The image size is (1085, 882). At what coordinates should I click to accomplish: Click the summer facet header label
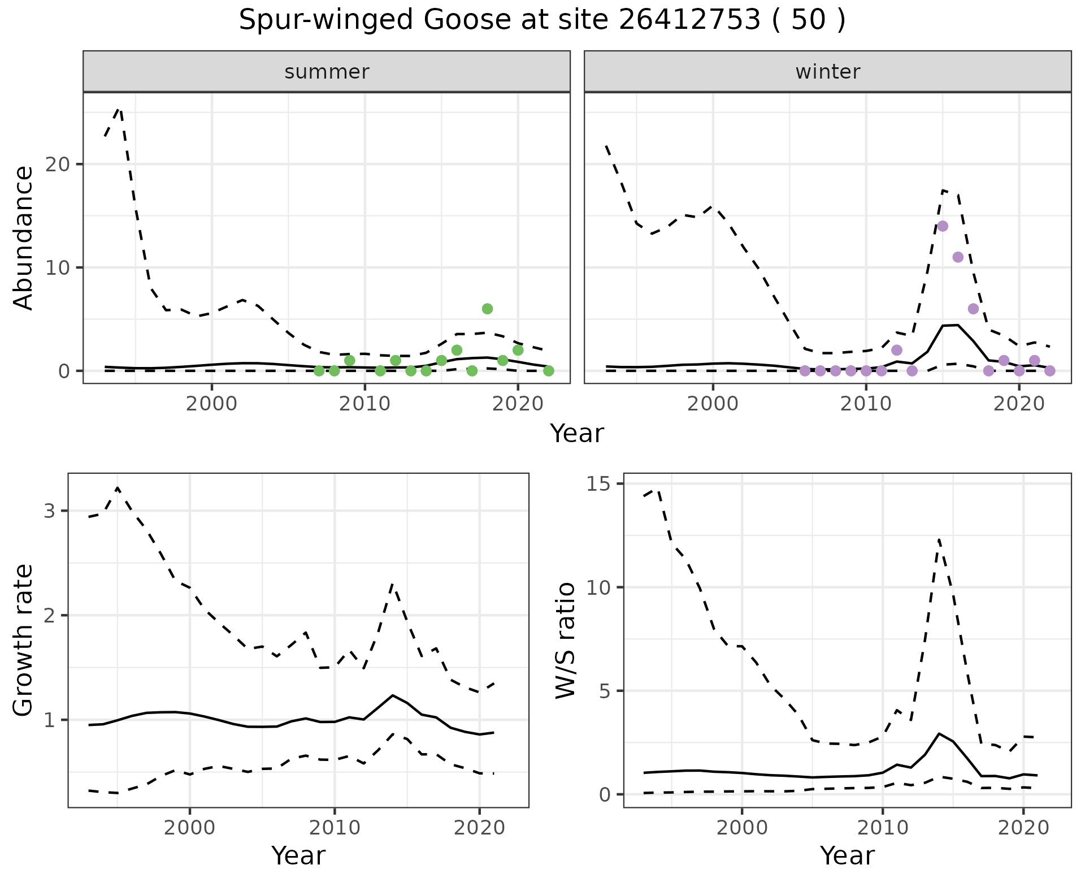(x=327, y=72)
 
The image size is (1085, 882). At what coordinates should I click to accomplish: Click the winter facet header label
(x=827, y=72)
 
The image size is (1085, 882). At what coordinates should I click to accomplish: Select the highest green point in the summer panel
(x=487, y=309)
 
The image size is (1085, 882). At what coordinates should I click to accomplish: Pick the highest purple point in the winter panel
(x=943, y=226)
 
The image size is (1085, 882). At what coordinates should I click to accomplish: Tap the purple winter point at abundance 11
(x=958, y=257)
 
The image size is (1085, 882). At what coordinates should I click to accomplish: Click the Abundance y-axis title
(x=24, y=238)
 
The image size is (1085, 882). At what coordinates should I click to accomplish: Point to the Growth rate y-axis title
(x=24, y=640)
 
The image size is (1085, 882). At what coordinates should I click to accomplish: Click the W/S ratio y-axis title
(x=565, y=640)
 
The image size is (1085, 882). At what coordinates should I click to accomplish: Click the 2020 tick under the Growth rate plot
(x=479, y=828)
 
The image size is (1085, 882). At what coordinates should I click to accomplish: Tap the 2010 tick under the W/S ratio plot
(x=883, y=828)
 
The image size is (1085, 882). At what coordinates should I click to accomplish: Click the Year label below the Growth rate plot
(x=298, y=856)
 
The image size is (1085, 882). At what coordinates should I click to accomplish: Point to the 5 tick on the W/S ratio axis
(x=609, y=691)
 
